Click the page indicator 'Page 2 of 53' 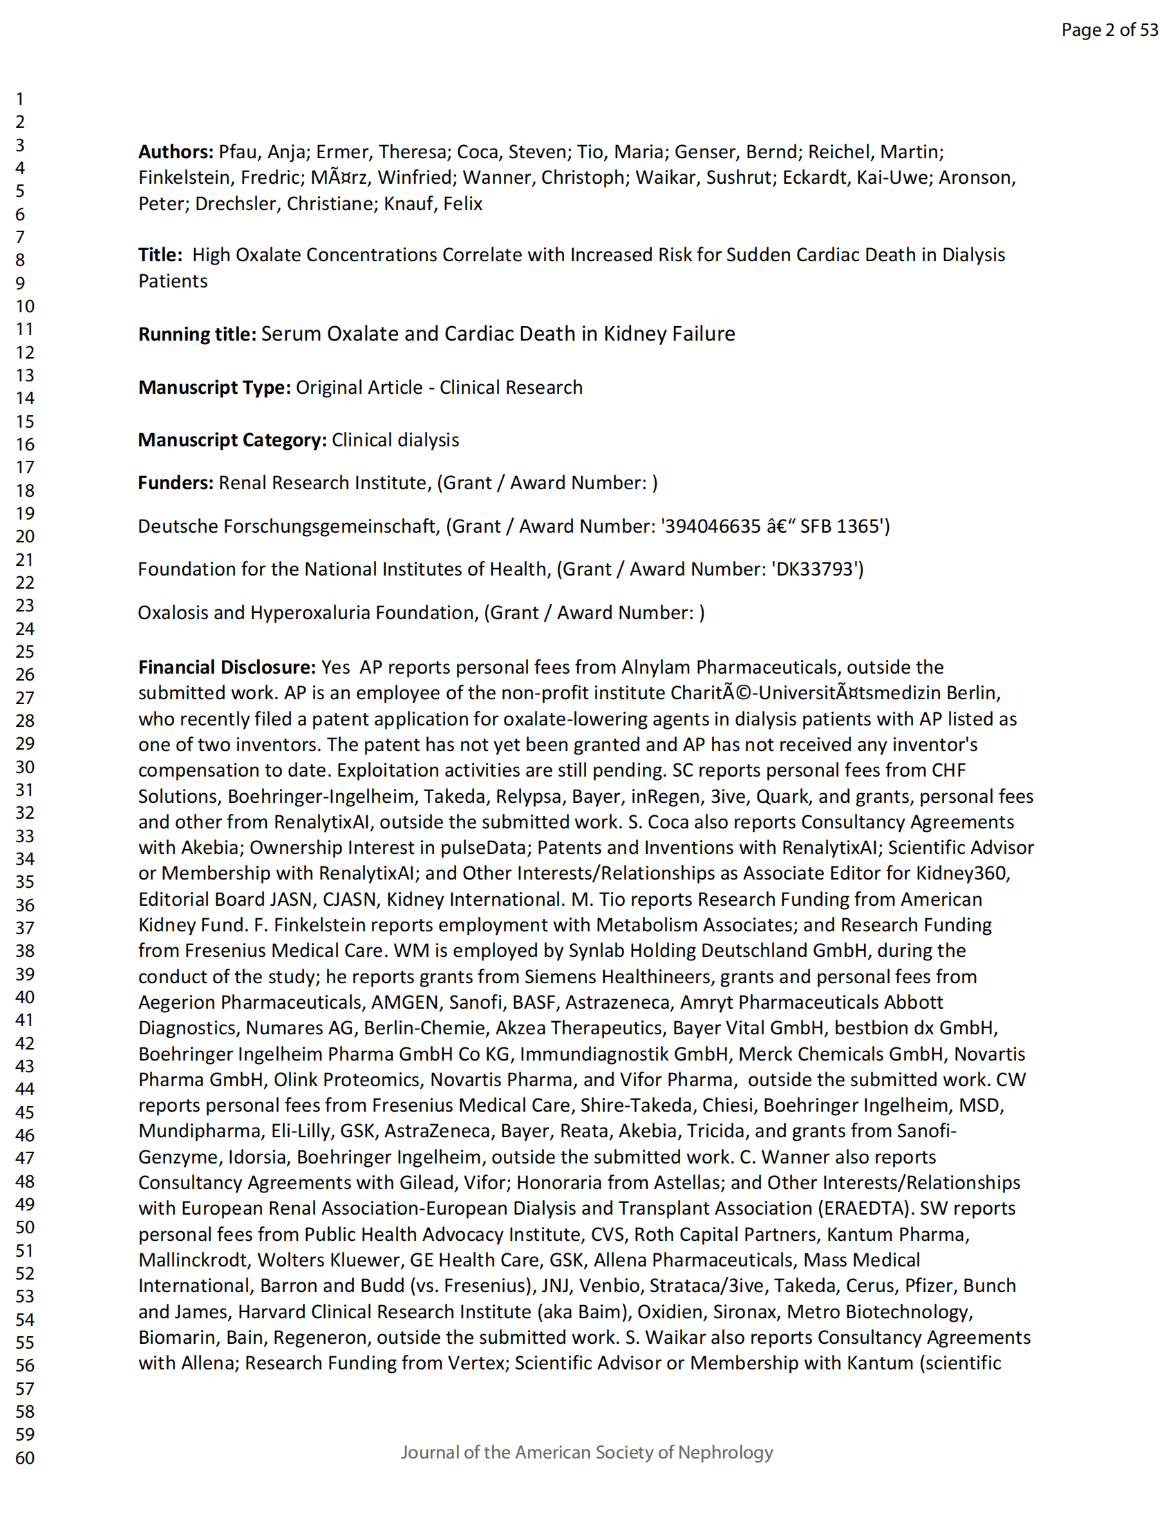click(x=1109, y=30)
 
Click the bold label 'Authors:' click(x=176, y=152)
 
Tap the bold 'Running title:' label click(x=197, y=334)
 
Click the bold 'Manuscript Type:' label click(x=214, y=388)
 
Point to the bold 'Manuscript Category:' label click(x=232, y=440)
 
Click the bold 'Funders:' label click(x=176, y=483)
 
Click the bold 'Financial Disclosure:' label click(x=227, y=667)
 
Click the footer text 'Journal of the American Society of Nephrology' click(x=586, y=1452)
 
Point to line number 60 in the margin click(x=25, y=1458)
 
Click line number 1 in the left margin click(x=20, y=99)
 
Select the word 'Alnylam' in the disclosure click(x=655, y=667)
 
